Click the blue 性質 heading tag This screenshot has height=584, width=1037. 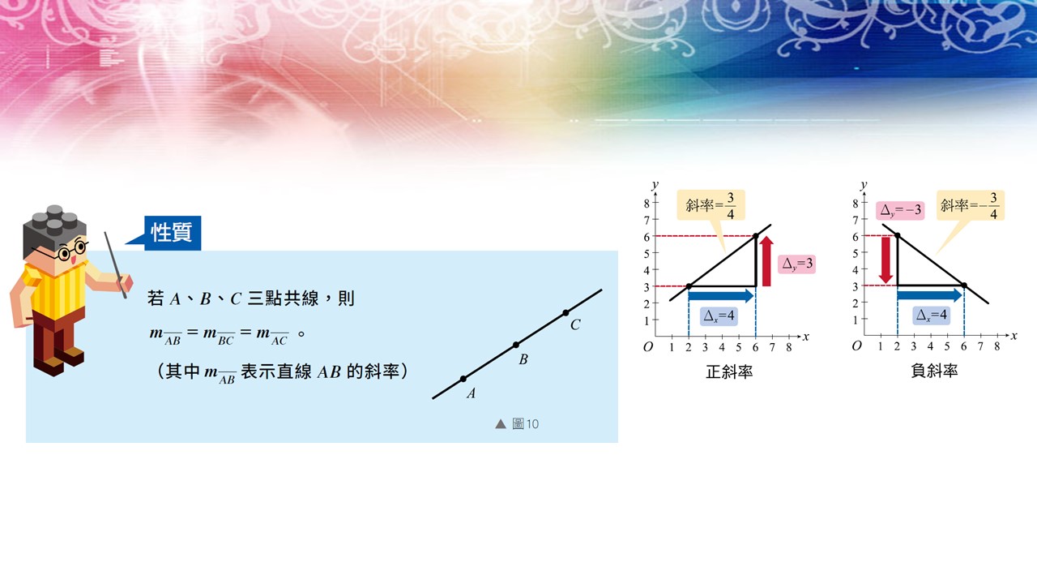173,233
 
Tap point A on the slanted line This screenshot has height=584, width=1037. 463,379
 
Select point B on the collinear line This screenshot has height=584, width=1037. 516,345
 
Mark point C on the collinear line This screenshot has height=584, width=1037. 565,313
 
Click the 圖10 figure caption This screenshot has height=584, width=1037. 517,423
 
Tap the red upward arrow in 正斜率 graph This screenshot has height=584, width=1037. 766,261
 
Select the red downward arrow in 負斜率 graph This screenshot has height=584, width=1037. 886,260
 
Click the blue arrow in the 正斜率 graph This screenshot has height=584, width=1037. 721,295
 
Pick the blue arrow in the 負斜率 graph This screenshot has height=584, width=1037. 929,294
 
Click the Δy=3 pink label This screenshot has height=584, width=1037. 796,264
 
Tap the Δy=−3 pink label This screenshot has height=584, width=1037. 900,210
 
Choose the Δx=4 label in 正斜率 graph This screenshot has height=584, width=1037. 719,316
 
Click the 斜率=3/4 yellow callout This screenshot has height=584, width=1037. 711,205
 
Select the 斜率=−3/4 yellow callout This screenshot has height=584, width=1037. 971,205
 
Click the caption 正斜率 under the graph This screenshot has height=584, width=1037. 729,371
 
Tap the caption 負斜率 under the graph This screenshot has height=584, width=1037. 934,371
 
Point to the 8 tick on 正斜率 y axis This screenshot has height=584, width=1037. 647,203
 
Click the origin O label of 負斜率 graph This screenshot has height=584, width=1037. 856,346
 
